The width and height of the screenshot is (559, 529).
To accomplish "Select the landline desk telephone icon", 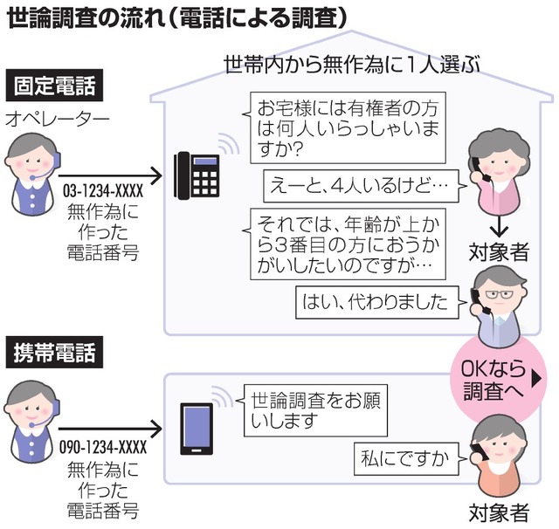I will coord(196,174).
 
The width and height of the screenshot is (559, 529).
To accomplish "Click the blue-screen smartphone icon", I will coord(195,428).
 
